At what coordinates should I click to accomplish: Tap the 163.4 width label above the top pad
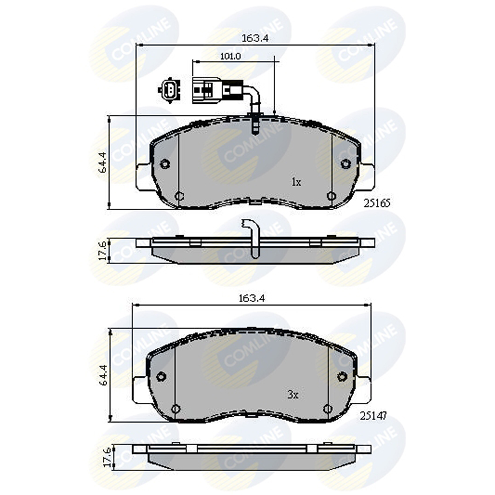(255, 39)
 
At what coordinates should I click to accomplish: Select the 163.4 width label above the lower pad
(252, 299)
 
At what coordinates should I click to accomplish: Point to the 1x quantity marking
(296, 183)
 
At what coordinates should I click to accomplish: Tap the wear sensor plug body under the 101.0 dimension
(206, 90)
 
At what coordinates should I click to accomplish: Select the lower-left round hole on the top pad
(179, 196)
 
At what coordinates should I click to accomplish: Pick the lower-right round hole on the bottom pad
(327, 408)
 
